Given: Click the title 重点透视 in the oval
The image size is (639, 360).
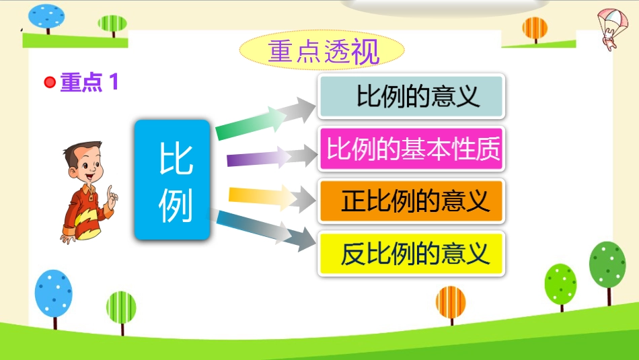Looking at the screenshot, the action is (x=323, y=52).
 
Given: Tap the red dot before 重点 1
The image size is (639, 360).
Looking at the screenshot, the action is (x=50, y=82).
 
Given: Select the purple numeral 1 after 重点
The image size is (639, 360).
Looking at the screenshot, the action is (x=114, y=81).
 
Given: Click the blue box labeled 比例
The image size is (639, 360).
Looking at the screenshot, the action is (x=172, y=180).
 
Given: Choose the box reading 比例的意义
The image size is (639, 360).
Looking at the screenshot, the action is (x=411, y=96).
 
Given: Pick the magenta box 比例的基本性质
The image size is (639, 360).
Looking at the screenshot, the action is (x=411, y=149).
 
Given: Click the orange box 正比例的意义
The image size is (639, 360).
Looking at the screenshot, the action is (x=411, y=201).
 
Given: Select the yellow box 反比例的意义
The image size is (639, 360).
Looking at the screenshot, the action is (x=411, y=254).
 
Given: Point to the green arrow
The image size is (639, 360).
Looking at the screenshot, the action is (x=265, y=119).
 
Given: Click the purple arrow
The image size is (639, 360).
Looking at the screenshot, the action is (x=272, y=157).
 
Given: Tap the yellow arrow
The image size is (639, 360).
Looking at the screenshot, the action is (x=272, y=198).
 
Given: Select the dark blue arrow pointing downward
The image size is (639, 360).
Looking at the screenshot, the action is (x=265, y=230).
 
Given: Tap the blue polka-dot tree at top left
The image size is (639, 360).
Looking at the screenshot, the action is (x=46, y=18).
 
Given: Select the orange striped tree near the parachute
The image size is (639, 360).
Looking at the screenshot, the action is (x=535, y=30).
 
